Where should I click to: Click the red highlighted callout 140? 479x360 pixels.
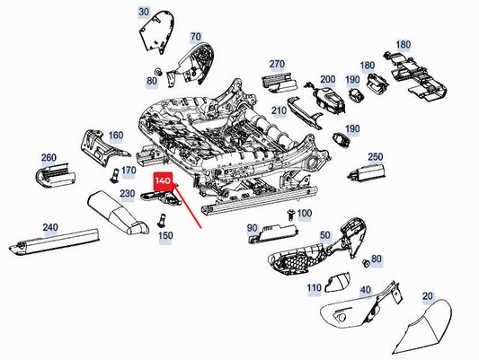tap(163, 180)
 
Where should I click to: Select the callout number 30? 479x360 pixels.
tap(144, 13)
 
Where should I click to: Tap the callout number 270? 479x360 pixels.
tap(277, 65)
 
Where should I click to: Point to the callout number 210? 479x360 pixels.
tap(279, 111)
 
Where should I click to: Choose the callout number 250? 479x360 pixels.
tap(376, 156)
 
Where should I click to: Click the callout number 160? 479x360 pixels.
tap(116, 136)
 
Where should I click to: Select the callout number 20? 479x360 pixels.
tap(427, 296)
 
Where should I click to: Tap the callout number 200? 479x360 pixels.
tap(328, 80)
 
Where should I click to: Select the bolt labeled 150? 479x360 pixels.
tap(163, 218)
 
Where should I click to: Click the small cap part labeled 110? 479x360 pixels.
tap(337, 285)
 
